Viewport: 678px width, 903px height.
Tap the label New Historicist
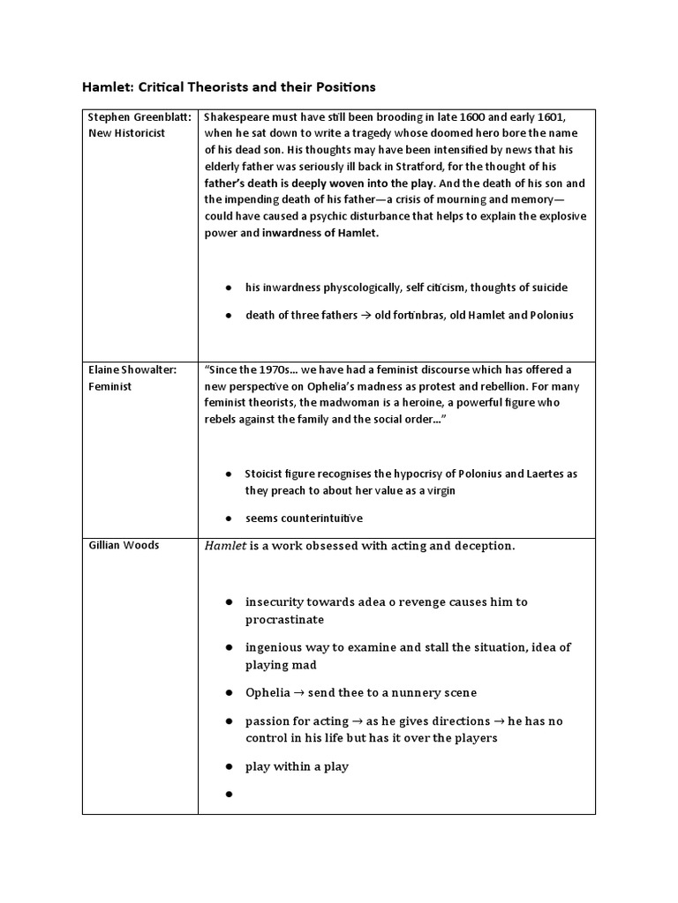(x=127, y=133)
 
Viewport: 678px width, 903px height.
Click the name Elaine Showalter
(x=132, y=370)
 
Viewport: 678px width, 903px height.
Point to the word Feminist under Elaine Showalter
(x=110, y=386)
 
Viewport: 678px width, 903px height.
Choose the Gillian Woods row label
(x=124, y=545)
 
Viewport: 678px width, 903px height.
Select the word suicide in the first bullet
(x=547, y=287)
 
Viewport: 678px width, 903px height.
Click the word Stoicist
(x=269, y=474)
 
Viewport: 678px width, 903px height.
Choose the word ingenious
(x=276, y=647)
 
